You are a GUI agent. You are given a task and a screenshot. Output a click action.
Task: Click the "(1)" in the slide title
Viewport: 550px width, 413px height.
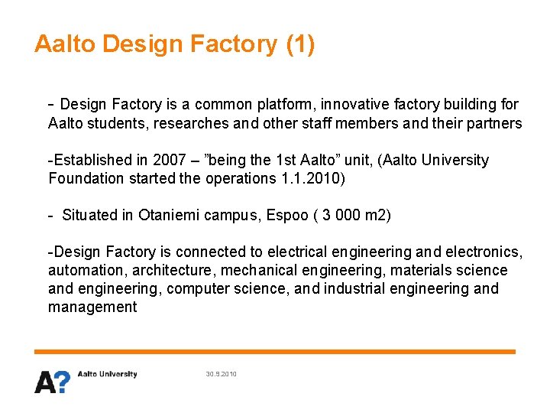[x=299, y=44]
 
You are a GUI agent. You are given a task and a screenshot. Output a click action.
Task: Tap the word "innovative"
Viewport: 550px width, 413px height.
[x=343, y=104]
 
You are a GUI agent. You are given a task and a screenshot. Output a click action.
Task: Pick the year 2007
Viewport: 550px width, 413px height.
[x=170, y=161]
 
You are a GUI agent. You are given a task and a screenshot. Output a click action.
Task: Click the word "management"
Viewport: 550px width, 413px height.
[x=92, y=307]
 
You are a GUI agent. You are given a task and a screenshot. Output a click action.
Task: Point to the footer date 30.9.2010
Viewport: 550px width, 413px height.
[x=222, y=374]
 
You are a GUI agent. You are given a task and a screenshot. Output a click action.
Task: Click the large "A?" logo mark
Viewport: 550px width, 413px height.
[x=52, y=381]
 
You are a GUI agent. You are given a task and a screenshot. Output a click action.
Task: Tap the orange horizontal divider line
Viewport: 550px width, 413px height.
[x=275, y=352]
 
